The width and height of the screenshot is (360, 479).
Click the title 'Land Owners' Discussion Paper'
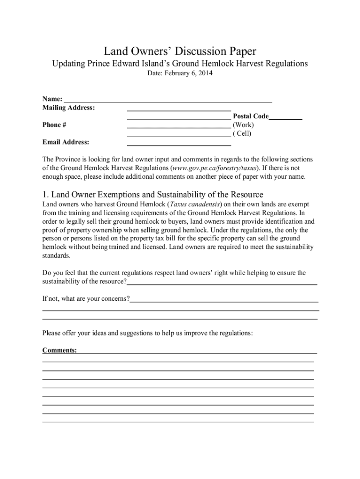click(180, 51)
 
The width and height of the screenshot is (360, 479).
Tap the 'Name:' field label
click(52, 99)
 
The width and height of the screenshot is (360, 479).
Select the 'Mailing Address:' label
click(69, 108)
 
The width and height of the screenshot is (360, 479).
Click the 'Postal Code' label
click(251, 116)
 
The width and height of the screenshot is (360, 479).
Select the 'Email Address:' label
click(66, 142)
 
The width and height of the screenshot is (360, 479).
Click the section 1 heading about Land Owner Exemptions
click(152, 194)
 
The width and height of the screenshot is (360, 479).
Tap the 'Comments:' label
click(60, 350)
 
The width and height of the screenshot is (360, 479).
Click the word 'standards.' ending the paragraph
click(56, 255)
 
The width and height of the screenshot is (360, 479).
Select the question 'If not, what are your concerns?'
click(86, 298)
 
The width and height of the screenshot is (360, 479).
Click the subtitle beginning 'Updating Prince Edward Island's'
click(180, 63)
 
